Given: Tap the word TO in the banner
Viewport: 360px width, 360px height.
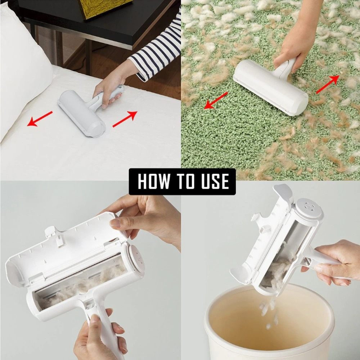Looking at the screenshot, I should pos(183,181).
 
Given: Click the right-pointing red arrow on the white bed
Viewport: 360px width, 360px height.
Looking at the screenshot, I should pos(125,119).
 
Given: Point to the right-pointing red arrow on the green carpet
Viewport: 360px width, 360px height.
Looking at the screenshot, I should pos(328,84).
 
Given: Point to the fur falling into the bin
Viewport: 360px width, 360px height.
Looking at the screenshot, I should pos(268,311).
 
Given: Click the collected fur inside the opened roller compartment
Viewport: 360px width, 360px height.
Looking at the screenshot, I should pos(83,284).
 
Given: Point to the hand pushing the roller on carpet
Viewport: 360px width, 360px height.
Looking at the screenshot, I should pos(292,50).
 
